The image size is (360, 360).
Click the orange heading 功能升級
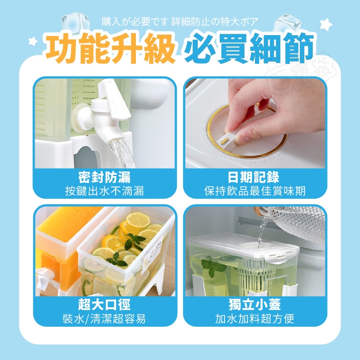click(x=111, y=48)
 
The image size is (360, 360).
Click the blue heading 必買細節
click(x=249, y=48)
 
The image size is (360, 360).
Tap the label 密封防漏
click(x=104, y=177)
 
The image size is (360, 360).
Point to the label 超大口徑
click(x=104, y=305)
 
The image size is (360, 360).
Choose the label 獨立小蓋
click(x=255, y=305)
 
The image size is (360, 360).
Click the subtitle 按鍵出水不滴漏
click(x=104, y=191)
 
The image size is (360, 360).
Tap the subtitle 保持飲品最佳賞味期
click(x=255, y=191)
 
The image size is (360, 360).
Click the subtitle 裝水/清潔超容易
click(x=104, y=319)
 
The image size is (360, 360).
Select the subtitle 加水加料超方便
click(x=255, y=319)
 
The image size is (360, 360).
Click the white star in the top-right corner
click(x=326, y=24)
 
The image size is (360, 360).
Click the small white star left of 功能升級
click(x=33, y=41)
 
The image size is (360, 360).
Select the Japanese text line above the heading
click(x=180, y=22)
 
